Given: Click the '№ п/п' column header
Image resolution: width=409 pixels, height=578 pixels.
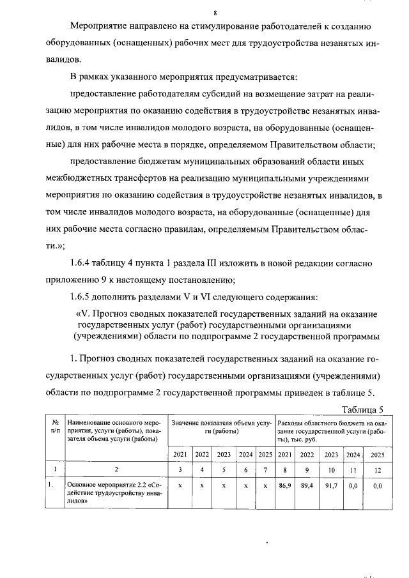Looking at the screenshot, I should coord(56,427).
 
